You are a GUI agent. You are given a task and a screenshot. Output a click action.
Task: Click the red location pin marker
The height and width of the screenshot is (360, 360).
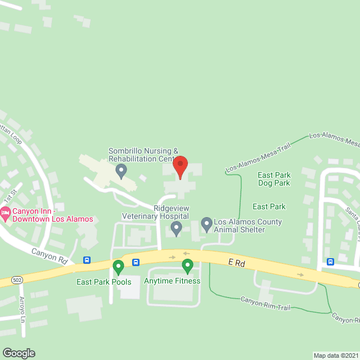click(180, 167)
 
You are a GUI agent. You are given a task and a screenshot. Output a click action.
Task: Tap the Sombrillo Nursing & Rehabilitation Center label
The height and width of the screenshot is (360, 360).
click(143, 155)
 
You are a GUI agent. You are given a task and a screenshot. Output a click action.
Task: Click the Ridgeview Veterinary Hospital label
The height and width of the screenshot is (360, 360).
click(156, 212)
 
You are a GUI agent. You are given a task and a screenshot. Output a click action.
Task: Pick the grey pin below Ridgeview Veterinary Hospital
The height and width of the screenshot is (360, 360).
click(176, 228)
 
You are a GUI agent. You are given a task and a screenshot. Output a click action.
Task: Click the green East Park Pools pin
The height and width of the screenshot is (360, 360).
click(118, 266)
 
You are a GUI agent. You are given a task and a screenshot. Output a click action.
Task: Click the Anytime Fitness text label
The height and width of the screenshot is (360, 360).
click(172, 281)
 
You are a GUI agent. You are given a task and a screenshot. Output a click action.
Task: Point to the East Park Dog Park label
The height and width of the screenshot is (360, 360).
click(274, 179)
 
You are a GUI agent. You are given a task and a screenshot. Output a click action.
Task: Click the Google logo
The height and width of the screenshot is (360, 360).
click(18, 353)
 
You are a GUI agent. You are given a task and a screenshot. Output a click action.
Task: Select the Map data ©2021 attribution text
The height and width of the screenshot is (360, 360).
click(335, 355)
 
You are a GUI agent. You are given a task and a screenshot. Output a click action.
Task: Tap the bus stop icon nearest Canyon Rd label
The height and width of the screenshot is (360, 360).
click(87, 260)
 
